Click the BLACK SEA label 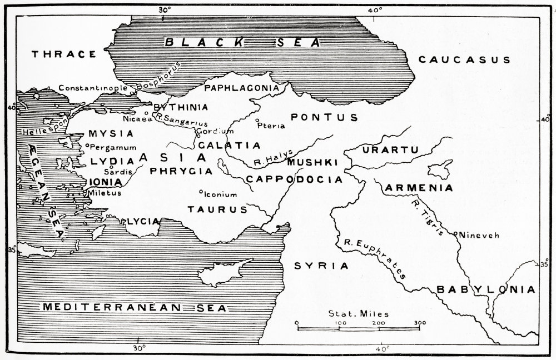pos(244,42)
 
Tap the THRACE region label pos(64,54)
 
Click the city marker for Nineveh pos(456,233)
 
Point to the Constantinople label pos(93,88)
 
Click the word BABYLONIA pos(485,289)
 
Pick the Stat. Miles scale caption pos(358,313)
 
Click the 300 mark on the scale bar pos(419,322)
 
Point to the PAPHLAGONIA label pos(241,88)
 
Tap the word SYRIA pos(321,266)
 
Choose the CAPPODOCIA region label pos(294,179)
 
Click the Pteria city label pos(272,126)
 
